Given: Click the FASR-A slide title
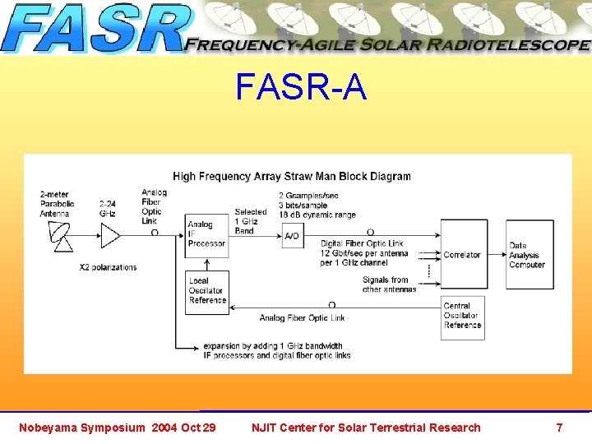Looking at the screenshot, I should tap(300, 87).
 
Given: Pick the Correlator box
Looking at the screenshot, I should tap(463, 255).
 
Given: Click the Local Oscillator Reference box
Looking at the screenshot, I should tap(207, 291).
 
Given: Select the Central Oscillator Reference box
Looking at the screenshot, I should tap(462, 316).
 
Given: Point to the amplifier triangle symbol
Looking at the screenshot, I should tap(109, 236).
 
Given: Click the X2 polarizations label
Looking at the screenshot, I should tap(108, 267).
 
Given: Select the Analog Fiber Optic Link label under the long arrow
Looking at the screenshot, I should tap(302, 318).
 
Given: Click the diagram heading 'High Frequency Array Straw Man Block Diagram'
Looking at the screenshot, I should tap(292, 176).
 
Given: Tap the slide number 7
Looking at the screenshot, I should tap(559, 428).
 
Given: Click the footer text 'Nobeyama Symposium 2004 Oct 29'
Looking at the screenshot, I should tap(118, 428).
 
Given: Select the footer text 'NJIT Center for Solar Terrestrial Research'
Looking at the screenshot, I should tap(366, 428).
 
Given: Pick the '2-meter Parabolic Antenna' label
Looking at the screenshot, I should tap(57, 204).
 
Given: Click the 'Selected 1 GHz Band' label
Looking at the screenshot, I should tap(250, 221).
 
